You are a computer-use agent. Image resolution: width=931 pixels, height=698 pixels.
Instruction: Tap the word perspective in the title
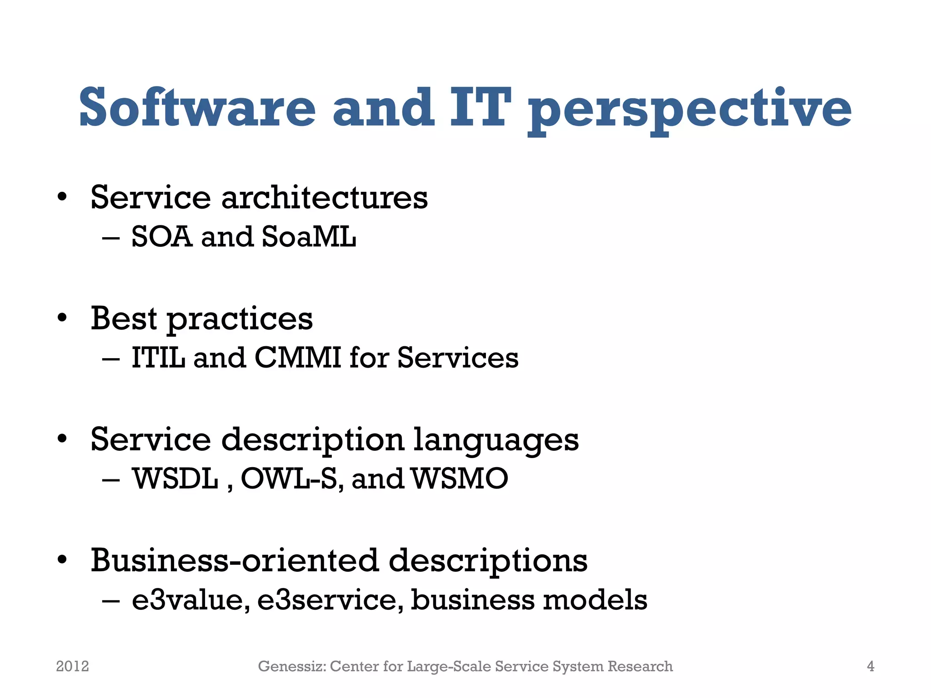[x=689, y=109]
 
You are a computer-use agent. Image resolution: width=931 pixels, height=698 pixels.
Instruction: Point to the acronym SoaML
[x=309, y=237]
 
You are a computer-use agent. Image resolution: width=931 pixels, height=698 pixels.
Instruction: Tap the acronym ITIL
[x=158, y=358]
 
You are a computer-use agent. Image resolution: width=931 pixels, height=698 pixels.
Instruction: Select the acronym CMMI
[x=298, y=358]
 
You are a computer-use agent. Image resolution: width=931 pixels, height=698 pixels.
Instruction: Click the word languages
[x=496, y=440]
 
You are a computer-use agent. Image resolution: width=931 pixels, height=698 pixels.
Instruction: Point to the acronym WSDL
[x=175, y=479]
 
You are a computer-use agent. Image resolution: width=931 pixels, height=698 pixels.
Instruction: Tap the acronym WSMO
[x=460, y=479]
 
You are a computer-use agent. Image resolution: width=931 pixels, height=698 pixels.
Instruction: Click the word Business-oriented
[x=234, y=560]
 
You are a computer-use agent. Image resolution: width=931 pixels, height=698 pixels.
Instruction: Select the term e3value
[x=190, y=600]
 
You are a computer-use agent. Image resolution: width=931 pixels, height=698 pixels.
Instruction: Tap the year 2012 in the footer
[x=72, y=666]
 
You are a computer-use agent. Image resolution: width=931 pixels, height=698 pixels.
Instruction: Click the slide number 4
[x=870, y=666]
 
